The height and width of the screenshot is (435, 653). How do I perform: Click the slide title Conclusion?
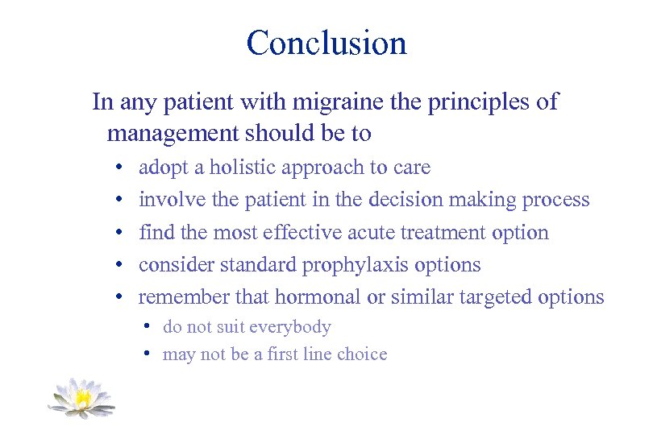326,43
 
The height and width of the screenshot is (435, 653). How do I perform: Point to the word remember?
185,297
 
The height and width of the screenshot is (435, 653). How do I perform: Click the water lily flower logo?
81,398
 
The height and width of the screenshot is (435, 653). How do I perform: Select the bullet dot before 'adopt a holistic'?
118,168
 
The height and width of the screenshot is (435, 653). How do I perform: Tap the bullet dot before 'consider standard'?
118,266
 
